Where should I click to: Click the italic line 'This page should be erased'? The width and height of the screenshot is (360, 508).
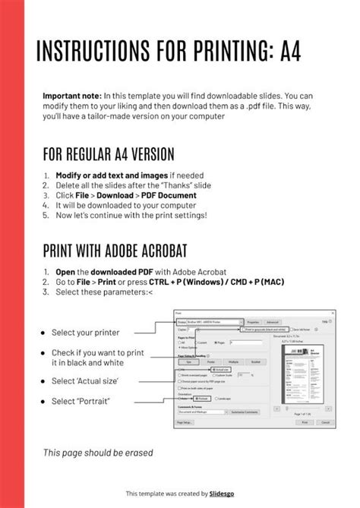tap(98, 453)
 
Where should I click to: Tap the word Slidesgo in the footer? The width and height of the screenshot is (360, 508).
tap(222, 494)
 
